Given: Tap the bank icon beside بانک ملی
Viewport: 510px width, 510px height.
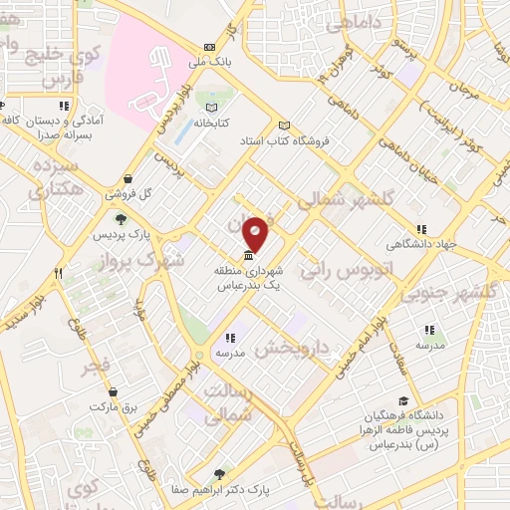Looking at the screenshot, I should click(208, 47).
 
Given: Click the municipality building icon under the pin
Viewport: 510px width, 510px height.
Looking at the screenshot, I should click(248, 255).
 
